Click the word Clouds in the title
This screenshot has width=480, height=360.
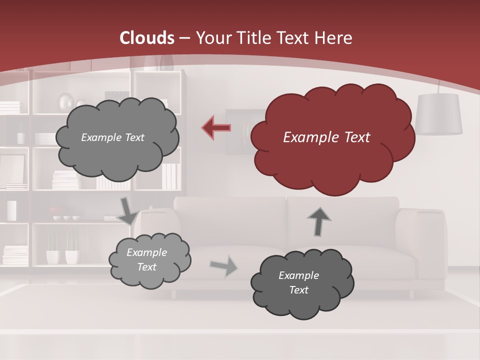(x=147, y=38)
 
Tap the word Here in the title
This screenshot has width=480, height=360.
(x=333, y=38)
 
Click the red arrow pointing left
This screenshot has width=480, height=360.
(x=216, y=128)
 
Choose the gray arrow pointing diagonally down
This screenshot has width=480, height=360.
(x=127, y=211)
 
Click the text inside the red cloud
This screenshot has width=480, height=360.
(x=326, y=137)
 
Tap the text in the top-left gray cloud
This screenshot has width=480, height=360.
(x=112, y=137)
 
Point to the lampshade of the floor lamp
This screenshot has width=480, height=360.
(x=438, y=114)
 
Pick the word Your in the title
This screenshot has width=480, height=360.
(x=213, y=38)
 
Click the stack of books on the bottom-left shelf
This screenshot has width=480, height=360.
(x=15, y=254)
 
